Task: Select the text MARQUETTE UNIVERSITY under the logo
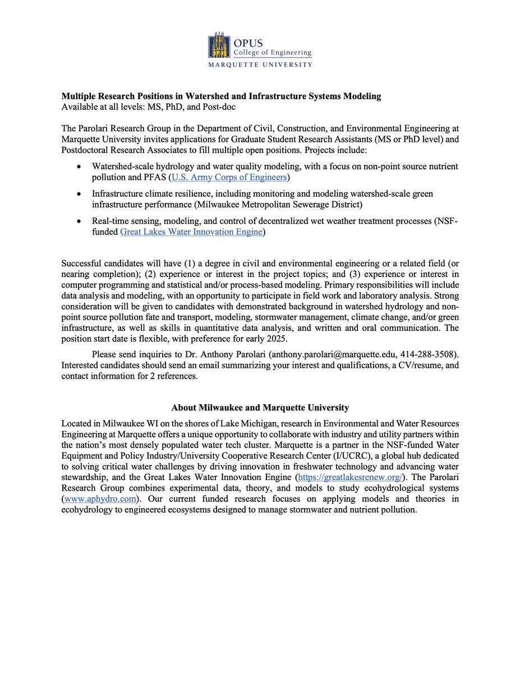(x=260, y=64)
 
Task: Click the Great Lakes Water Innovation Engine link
(x=191, y=232)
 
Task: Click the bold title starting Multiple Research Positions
(x=221, y=96)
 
